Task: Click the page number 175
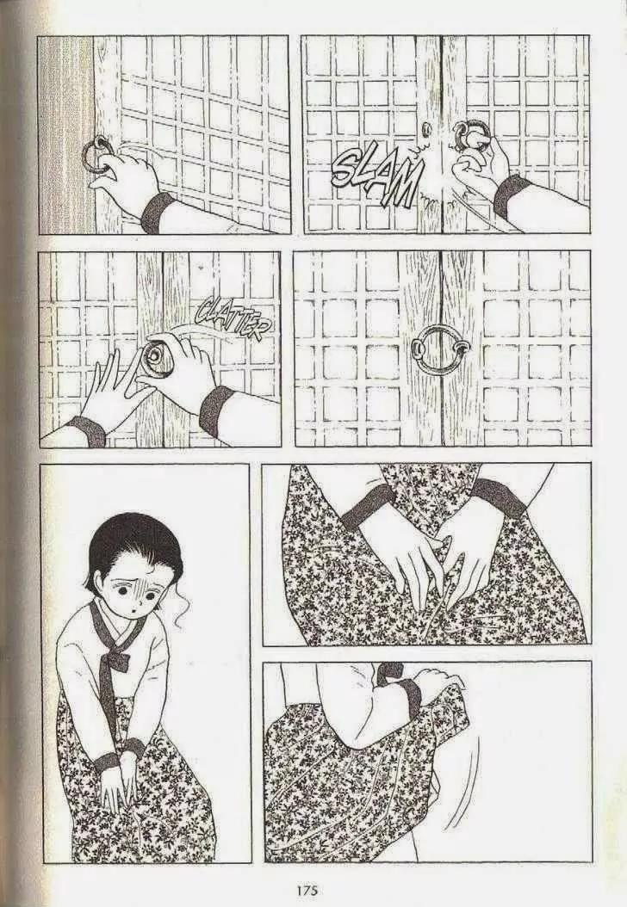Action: click(307, 891)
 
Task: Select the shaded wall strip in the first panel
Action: click(65, 134)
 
